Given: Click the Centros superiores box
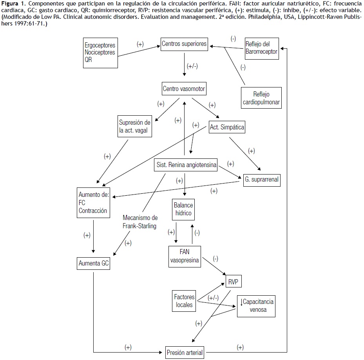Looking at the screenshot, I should [x=184, y=44].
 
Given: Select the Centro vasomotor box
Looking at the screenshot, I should [x=184, y=89].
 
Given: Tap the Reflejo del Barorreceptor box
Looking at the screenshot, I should [x=261, y=48].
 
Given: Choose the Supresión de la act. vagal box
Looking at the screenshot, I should [x=134, y=126].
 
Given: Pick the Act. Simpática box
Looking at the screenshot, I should [x=227, y=127].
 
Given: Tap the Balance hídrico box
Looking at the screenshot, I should [x=183, y=209].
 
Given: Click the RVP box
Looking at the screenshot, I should [x=234, y=282].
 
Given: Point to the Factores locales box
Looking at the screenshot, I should [x=184, y=300].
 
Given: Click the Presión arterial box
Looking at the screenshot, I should [x=184, y=352].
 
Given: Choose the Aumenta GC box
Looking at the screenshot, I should [x=93, y=264].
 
